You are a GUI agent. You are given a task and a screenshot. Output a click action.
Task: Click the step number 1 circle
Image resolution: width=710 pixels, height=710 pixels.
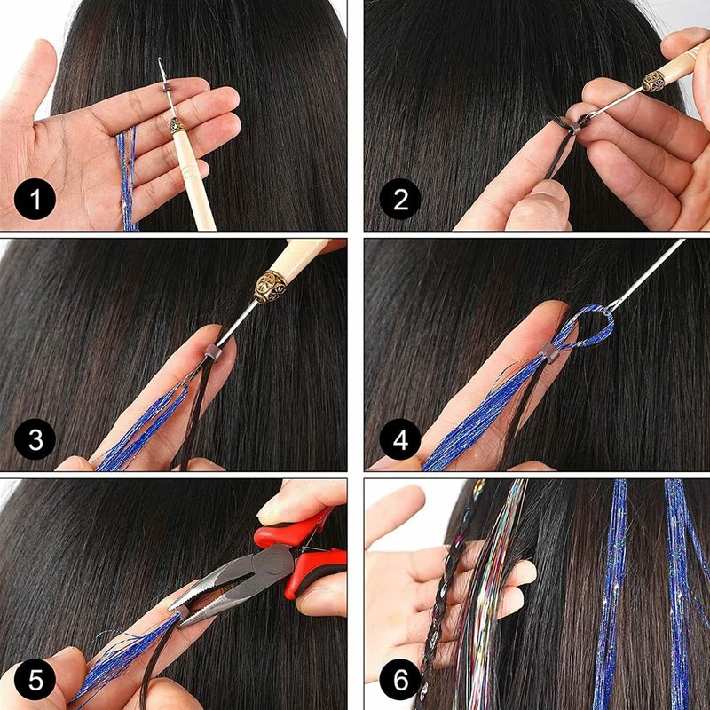click(35, 199)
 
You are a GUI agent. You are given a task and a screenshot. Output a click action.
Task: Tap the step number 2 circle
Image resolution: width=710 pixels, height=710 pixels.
click(400, 199)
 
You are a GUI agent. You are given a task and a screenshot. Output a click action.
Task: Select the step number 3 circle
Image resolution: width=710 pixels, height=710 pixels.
click(35, 439)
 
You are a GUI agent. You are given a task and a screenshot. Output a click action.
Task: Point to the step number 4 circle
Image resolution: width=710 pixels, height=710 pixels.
click(400, 439)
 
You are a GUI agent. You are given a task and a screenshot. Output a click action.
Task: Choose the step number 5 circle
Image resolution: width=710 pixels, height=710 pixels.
click(35, 679)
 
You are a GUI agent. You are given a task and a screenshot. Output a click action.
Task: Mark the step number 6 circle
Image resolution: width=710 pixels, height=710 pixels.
click(400, 679)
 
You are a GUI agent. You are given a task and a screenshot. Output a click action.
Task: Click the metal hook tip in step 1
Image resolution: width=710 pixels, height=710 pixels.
click(160, 60)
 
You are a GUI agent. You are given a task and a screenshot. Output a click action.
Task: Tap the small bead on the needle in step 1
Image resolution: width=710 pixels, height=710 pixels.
click(166, 87)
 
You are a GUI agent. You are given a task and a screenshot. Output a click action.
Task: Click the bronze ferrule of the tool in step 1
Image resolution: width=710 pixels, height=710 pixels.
click(177, 125)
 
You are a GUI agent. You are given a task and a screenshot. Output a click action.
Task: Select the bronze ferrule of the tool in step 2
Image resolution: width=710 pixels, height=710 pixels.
click(654, 82)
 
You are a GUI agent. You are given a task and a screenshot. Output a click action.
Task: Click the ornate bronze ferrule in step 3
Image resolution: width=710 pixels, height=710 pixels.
click(270, 286)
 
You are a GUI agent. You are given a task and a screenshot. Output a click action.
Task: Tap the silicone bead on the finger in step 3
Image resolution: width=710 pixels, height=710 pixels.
click(212, 351)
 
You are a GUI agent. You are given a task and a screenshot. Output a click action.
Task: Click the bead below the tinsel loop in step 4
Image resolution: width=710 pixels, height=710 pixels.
click(549, 353)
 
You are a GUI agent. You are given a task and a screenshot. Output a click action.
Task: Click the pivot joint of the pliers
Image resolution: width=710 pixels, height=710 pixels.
click(272, 564)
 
